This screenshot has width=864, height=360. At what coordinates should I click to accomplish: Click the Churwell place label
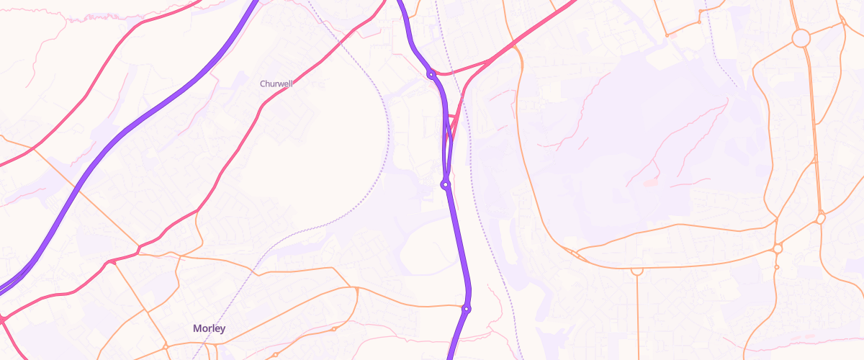coord(277,84)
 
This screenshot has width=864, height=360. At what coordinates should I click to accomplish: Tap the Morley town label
coord(209,328)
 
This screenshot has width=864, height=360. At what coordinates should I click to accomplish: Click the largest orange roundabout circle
coord(801,38)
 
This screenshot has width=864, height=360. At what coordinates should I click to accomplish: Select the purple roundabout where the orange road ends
coord(467,309)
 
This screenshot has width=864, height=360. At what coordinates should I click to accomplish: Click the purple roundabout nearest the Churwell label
coord(431,74)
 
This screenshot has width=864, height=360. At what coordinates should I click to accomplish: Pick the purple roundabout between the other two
coord(446,185)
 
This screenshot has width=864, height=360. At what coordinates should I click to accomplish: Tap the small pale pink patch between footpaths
coord(651,183)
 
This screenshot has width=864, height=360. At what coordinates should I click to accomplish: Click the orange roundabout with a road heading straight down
coord(636,271)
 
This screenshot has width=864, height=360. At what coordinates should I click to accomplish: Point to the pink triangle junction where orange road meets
coord(111,262)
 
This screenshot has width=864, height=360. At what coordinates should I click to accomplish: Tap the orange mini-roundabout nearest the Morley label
coord(166,347)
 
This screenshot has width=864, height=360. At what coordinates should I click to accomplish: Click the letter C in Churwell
coord(263,84)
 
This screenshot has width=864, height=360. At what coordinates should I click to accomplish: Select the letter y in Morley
coord(222,330)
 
